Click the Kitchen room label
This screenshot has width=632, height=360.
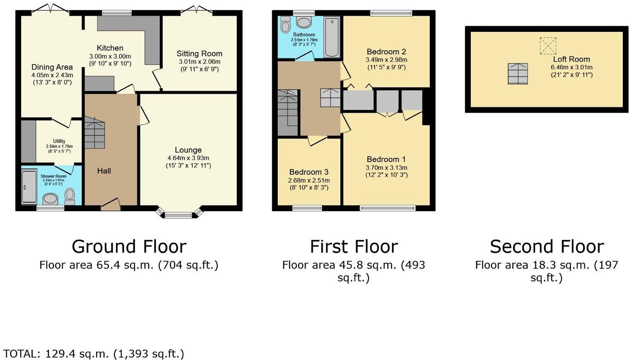tap(110, 48)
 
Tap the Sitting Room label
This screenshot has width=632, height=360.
tap(199, 53)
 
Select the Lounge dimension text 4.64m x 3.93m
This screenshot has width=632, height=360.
tap(188, 158)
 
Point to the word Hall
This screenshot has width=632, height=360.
tap(104, 171)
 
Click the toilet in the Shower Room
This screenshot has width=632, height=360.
tap(69, 196)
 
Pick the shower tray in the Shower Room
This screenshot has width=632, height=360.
tap(29, 186)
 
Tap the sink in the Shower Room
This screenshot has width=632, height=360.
tap(51, 199)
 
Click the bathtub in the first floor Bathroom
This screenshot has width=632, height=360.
tap(332, 37)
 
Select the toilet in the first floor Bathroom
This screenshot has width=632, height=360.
tap(286, 24)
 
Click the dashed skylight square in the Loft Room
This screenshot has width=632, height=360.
tap(548, 46)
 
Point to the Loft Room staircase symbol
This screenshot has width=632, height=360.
tap(518, 74)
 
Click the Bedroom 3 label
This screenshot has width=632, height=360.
tap(309, 172)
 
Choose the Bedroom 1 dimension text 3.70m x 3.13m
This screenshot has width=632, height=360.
tap(387, 168)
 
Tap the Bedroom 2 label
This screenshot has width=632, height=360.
tap(386, 52)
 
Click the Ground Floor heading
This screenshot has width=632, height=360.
tap(129, 246)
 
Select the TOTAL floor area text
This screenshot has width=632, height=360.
tap(93, 353)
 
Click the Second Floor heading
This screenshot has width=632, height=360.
tap(547, 246)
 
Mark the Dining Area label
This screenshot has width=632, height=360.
tap(52, 67)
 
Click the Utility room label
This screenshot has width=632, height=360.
tap(59, 141)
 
